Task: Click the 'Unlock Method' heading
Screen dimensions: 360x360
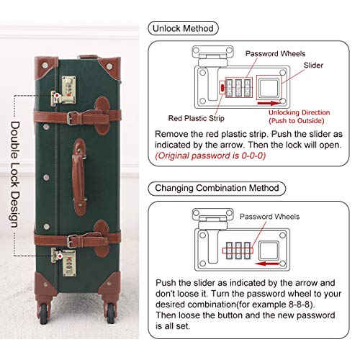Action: [183, 29]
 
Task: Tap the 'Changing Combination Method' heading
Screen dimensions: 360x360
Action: [217, 188]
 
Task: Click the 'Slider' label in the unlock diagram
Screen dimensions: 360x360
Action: [313, 65]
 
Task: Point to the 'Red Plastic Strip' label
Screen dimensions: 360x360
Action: [197, 118]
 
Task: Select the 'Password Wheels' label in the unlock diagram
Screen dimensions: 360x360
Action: [275, 53]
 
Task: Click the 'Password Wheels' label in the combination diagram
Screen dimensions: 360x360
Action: [269, 217]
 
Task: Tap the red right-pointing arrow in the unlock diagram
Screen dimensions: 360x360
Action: [269, 103]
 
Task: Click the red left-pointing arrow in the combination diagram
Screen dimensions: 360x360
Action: [267, 264]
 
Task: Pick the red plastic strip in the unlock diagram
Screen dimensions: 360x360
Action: [222, 88]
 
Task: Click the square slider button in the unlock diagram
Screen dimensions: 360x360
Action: [269, 88]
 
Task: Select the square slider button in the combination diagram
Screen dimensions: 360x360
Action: [269, 251]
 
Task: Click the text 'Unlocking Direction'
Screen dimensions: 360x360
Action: [299, 112]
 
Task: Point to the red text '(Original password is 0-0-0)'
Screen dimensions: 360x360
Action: [210, 156]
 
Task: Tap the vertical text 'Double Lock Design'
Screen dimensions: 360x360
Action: [15, 174]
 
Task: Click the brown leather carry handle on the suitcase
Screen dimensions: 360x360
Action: [79, 177]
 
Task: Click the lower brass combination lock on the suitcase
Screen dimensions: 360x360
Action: [64, 262]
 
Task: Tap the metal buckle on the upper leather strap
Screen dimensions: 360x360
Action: [71, 118]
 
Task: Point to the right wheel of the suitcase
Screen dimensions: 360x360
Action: [111, 313]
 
